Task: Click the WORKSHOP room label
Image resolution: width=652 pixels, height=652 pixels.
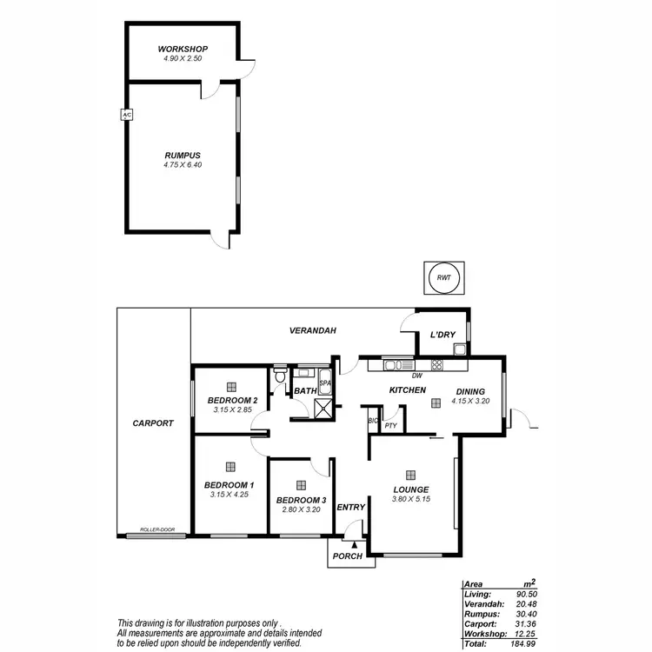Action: [x=182, y=49]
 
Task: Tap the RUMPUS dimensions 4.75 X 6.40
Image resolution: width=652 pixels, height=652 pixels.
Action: [x=182, y=165]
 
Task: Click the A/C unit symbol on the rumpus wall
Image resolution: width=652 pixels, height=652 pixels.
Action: [x=126, y=114]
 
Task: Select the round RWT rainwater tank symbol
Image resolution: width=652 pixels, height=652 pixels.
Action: [x=443, y=279]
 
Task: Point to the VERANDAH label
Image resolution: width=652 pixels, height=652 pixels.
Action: [x=312, y=331]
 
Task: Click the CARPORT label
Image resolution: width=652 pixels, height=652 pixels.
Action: [x=153, y=423]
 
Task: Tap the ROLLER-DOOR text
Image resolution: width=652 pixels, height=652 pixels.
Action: [x=157, y=529]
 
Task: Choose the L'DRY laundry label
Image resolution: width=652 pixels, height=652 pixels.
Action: [x=443, y=335]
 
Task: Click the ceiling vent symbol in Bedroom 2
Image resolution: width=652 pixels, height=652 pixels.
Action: [x=230, y=386]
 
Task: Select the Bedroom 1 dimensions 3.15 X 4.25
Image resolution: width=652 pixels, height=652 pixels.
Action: [x=230, y=495]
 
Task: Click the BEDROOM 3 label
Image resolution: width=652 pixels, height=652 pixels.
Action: [x=301, y=500]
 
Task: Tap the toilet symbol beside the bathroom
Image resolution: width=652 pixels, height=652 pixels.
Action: [x=279, y=377]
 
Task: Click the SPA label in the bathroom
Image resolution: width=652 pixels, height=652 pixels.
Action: [x=325, y=383]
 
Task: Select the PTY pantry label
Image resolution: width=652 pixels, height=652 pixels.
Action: [x=390, y=426]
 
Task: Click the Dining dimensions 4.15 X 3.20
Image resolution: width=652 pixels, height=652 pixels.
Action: [x=471, y=402]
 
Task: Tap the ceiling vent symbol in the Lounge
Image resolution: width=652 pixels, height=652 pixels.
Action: [x=412, y=466]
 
